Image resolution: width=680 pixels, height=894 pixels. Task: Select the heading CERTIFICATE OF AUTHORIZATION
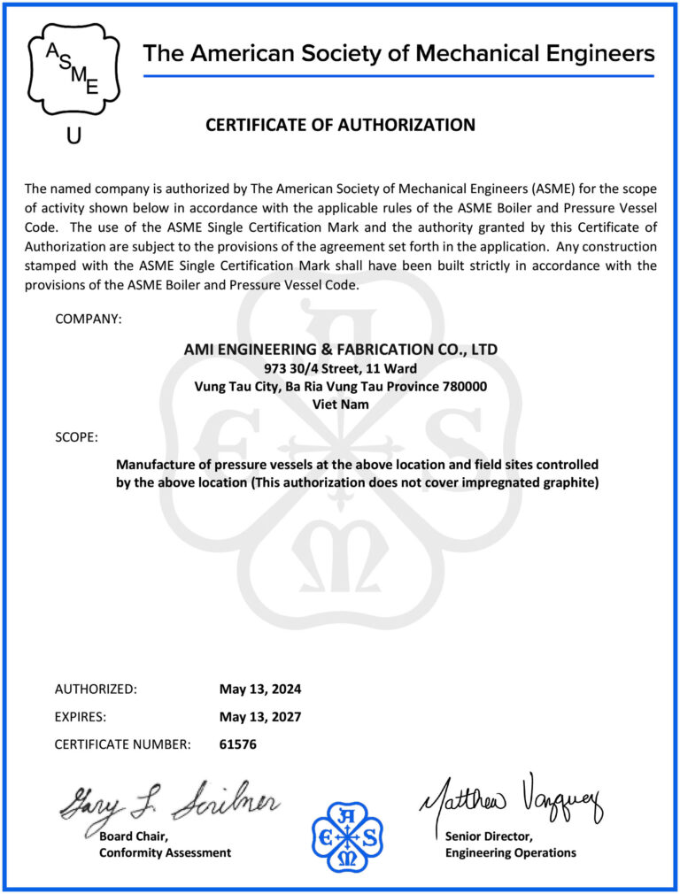coord(340,125)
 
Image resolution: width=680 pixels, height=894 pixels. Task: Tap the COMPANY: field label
coord(89,319)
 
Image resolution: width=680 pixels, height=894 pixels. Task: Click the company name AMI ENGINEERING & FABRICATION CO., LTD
coord(340,350)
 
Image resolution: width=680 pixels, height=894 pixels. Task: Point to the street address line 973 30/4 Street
coord(340,368)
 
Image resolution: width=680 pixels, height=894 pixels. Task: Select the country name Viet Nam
coord(340,404)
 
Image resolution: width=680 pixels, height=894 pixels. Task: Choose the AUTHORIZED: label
coord(96,689)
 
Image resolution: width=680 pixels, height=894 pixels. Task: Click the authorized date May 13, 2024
coord(260,689)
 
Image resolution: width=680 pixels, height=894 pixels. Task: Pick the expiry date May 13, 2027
coord(260,717)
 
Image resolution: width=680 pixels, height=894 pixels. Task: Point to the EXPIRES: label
coord(81,717)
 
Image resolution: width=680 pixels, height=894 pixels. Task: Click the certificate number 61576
coord(237,744)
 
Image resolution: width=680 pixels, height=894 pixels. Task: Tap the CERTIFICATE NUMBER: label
coord(122,744)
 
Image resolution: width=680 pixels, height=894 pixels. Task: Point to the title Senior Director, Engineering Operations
coord(510,844)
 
